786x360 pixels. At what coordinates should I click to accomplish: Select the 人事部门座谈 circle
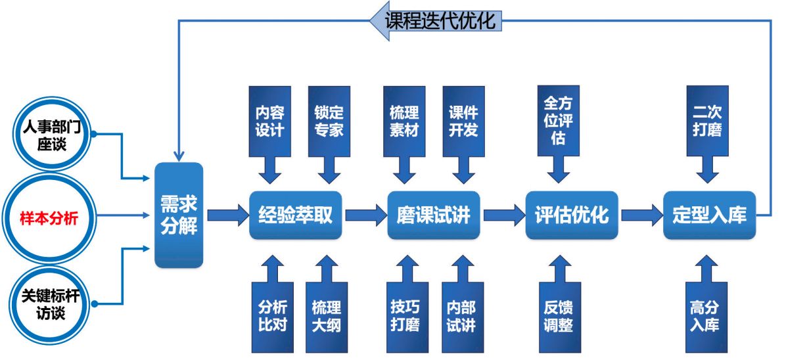pos(53,137)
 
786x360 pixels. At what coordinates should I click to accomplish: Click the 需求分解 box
pos(179,215)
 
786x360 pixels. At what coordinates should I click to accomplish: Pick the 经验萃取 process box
pos(296,215)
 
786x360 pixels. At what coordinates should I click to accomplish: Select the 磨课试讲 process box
pos(434,215)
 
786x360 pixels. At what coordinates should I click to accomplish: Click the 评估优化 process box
pos(572,215)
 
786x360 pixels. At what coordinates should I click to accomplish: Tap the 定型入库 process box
pos(709,215)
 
